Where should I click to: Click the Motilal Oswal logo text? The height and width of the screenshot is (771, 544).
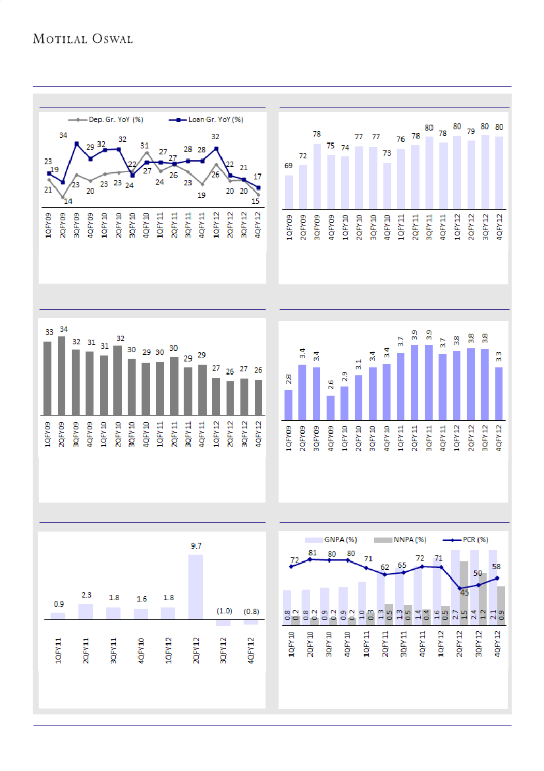point(83,40)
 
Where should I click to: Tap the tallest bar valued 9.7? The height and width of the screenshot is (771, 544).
point(196,586)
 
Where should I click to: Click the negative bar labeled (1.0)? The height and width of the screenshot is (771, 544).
point(224,623)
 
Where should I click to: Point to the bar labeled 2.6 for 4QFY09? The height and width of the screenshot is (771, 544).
point(331,408)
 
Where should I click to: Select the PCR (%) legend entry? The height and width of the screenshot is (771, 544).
point(470,540)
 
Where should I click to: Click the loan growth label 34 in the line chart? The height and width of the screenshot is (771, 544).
point(63,135)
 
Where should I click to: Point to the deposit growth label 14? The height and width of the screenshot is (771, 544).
point(68,201)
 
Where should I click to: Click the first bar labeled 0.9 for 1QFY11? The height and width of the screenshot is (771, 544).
point(58,616)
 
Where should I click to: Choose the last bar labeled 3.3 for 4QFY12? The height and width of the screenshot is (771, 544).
point(499,393)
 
